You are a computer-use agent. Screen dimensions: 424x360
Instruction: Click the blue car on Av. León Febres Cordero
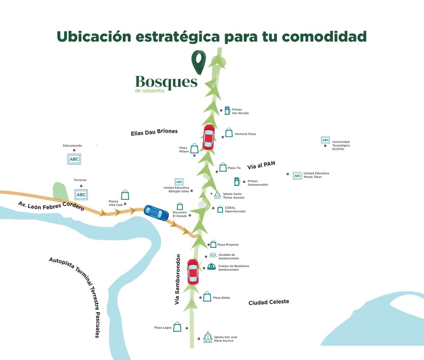pyautogui.click(x=156, y=213)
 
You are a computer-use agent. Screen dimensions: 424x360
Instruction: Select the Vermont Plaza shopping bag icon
pyautogui.click(x=229, y=132)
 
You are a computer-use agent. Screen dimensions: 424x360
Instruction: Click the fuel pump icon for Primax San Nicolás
pyautogui.click(x=227, y=111)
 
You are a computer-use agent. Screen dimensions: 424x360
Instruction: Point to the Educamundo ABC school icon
pyautogui.click(x=74, y=159)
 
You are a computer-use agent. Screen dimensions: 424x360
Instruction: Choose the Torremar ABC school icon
pyautogui.click(x=81, y=194)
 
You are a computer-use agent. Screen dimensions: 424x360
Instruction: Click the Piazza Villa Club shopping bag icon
pyautogui.click(x=125, y=195)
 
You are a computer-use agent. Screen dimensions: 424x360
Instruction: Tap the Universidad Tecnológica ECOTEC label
pyautogui.click(x=341, y=145)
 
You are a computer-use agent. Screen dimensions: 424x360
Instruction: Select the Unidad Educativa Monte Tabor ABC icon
pyautogui.click(x=298, y=176)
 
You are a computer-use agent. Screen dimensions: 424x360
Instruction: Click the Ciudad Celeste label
pyautogui.click(x=269, y=302)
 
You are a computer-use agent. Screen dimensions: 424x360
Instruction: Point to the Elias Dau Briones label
pyautogui.click(x=154, y=132)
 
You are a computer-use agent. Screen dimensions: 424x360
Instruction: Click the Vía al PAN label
pyautogui.click(x=261, y=165)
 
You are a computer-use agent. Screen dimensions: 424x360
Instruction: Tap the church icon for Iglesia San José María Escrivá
pyautogui.click(x=208, y=337)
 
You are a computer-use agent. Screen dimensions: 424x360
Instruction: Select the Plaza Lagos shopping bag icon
pyautogui.click(x=177, y=327)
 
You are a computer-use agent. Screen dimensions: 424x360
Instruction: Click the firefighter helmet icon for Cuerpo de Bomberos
pyautogui.click(x=212, y=266)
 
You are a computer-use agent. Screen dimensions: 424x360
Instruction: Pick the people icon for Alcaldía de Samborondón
pyautogui.click(x=213, y=255)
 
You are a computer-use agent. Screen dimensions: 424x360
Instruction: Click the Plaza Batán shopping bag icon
pyautogui.click(x=207, y=296)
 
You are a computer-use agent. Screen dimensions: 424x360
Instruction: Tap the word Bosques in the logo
pyautogui.click(x=166, y=82)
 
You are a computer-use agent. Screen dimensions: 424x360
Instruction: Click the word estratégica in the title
pyautogui.click(x=178, y=37)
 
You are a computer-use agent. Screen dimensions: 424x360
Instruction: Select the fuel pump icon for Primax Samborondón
pyautogui.click(x=237, y=182)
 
